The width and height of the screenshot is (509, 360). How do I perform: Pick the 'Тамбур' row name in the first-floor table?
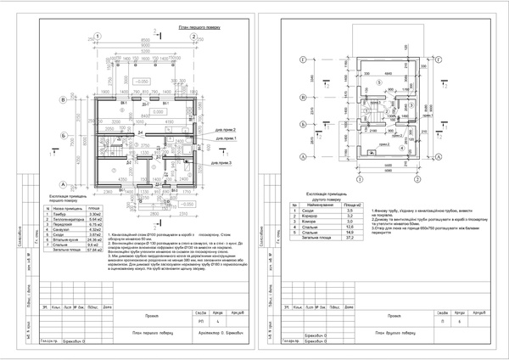coord(63,212)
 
